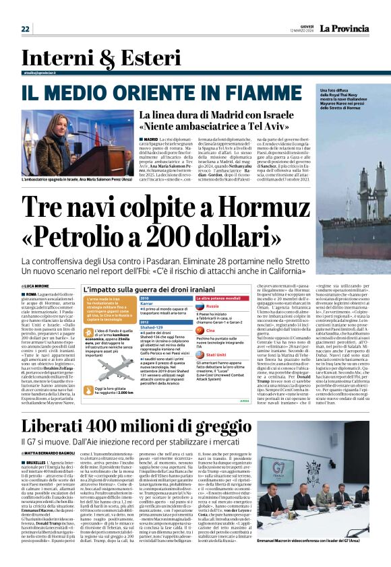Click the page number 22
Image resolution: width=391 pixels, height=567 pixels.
(26, 28)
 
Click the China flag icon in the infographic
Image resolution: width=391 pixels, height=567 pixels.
(201, 331)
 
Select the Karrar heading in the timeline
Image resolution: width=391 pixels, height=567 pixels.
(148, 303)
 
